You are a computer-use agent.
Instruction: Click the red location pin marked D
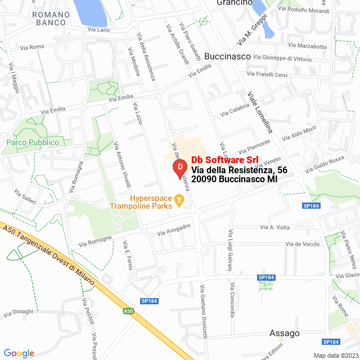point(179,168)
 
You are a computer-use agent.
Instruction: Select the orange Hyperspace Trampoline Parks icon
point(179,199)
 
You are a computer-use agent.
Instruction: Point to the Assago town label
point(284,333)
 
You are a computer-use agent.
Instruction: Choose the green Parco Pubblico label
point(33,142)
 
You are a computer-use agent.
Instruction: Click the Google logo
point(18,353)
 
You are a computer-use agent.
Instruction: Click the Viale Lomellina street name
point(260,112)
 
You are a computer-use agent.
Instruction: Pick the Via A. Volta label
point(274,227)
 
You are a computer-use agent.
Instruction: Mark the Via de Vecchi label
point(302,244)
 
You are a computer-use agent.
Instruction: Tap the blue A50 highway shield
point(129,310)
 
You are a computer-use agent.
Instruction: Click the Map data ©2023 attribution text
point(335,355)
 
